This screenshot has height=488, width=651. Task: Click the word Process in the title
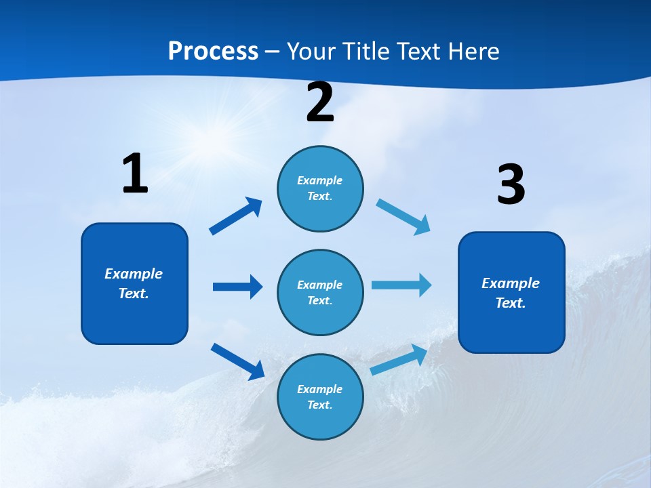[213, 51]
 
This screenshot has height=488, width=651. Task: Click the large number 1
[135, 174]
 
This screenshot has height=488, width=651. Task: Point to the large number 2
[320, 102]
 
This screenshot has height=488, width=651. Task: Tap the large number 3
[511, 184]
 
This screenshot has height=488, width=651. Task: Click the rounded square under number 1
[134, 283]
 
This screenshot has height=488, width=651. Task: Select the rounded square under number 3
[511, 292]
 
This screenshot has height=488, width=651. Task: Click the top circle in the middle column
[320, 188]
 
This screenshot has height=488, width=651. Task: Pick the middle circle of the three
[320, 292]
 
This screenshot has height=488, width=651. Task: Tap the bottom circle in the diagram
[320, 396]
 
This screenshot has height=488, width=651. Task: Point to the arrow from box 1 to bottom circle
[237, 361]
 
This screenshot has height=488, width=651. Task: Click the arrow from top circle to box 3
[403, 217]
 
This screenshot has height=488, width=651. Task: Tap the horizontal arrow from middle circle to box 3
[401, 285]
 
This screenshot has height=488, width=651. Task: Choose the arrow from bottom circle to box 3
[399, 359]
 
